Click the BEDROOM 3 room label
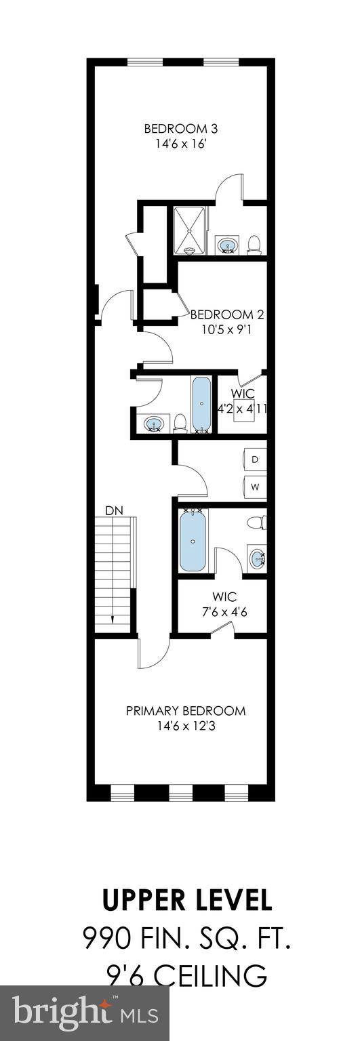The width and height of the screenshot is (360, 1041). (x=180, y=129)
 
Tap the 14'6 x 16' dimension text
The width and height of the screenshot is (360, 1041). (x=180, y=143)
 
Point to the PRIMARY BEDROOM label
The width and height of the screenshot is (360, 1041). (x=185, y=711)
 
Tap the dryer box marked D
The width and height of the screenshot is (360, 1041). (x=255, y=460)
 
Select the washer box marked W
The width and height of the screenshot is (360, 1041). (x=255, y=487)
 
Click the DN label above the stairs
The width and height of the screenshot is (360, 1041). (x=113, y=510)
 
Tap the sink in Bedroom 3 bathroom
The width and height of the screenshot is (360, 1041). (x=226, y=244)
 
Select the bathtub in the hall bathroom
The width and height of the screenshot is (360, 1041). (x=201, y=404)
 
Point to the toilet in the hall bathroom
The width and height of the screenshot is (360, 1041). (x=180, y=423)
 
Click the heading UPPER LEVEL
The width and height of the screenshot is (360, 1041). (x=187, y=901)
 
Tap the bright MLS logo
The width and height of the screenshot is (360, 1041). (x=85, y=1014)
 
